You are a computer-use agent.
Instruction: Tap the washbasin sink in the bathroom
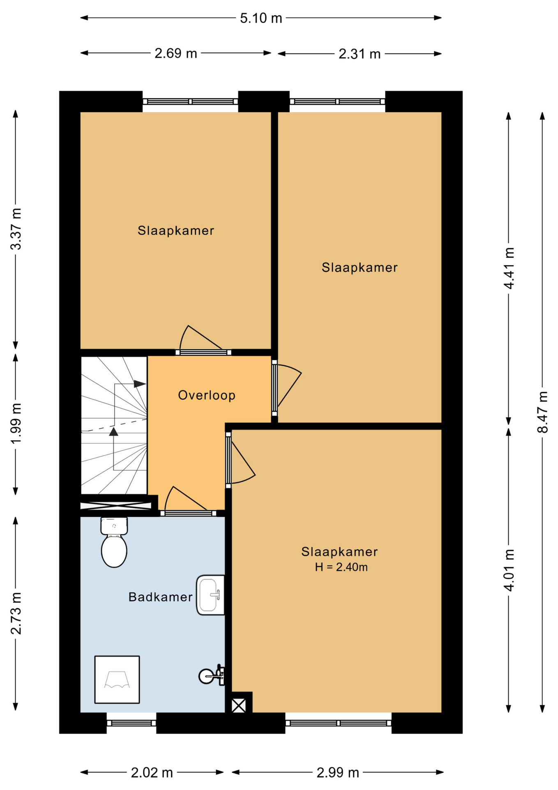click(210, 595)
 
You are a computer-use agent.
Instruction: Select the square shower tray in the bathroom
click(117, 679)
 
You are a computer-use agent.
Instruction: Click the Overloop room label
click(207, 395)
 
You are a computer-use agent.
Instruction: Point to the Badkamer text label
click(160, 597)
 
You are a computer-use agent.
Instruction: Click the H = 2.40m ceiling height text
click(341, 567)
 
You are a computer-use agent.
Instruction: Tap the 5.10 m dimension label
click(261, 18)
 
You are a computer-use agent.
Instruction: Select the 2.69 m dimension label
click(176, 53)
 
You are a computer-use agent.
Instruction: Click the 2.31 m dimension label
click(360, 54)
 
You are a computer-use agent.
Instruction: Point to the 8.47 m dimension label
click(543, 412)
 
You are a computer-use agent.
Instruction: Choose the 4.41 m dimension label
click(509, 268)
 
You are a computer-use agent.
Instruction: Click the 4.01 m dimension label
click(509, 570)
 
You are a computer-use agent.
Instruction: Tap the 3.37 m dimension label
click(16, 229)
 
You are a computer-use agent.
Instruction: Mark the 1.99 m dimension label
click(16, 424)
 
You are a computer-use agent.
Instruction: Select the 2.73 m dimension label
click(16, 613)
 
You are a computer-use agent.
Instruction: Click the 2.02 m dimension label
click(152, 773)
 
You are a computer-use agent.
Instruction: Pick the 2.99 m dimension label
click(338, 773)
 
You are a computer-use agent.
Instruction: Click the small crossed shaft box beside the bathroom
click(239, 706)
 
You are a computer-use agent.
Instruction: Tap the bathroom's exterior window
click(131, 723)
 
